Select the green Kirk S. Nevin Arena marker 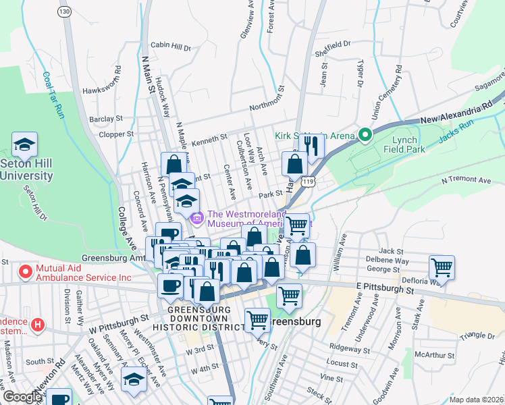[x=366, y=136]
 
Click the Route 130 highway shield [x=64, y=12]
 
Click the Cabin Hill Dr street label [x=171, y=46]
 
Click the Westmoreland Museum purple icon [x=197, y=217]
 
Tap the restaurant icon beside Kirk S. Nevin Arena [x=311, y=145]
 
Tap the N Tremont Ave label [x=466, y=180]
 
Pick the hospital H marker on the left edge [x=38, y=325]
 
